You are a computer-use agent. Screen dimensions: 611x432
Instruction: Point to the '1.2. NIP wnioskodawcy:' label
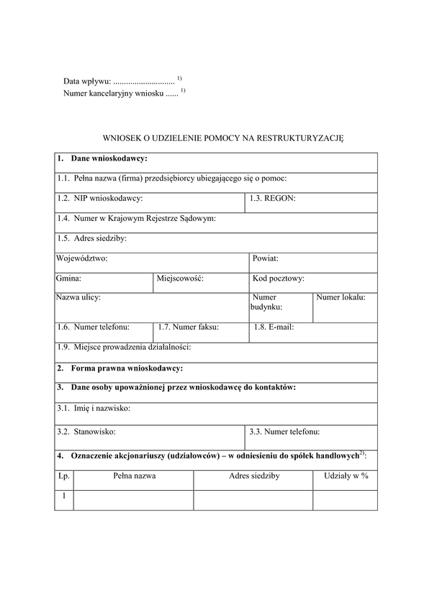[x=100, y=198]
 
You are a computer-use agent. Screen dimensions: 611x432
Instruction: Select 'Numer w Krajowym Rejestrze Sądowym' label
[x=136, y=218]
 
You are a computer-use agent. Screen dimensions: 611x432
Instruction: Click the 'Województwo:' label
[x=81, y=258]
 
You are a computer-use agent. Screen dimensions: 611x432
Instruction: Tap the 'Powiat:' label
[x=266, y=258]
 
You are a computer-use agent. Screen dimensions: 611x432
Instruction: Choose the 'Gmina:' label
[x=68, y=278]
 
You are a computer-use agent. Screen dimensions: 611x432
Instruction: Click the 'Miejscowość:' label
[x=180, y=278]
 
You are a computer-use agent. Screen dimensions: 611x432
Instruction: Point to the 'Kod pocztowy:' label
[x=279, y=278]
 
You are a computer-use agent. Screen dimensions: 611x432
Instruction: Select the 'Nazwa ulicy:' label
[x=78, y=297]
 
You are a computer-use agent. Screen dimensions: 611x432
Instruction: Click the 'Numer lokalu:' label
[x=341, y=297]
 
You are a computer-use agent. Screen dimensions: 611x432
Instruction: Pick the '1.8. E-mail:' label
[x=274, y=327]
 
